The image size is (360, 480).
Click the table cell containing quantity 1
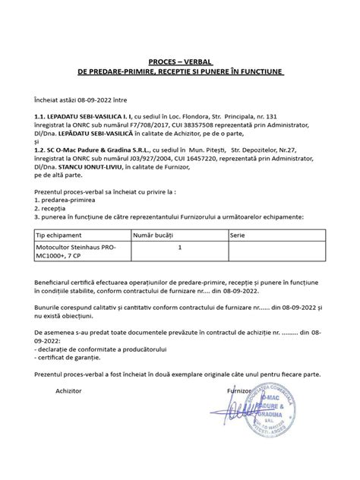click(x=179, y=248)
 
